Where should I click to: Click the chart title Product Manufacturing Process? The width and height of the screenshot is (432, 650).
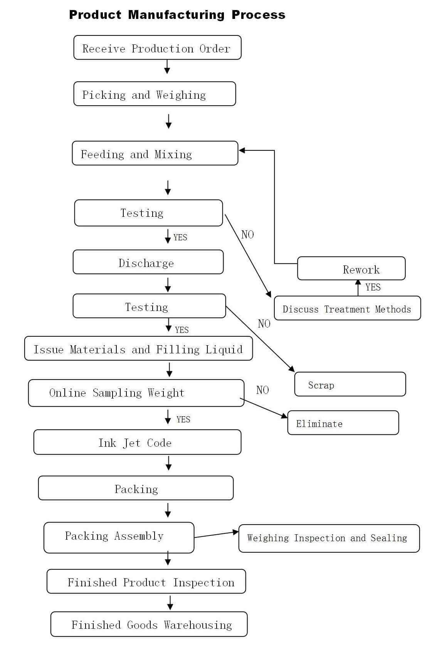coord(177,15)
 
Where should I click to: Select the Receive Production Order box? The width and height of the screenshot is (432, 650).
coord(157,48)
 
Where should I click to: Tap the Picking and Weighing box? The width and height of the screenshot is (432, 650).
coord(155,94)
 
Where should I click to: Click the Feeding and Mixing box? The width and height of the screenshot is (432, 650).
coord(155,154)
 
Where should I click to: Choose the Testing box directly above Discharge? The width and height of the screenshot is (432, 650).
coord(148,213)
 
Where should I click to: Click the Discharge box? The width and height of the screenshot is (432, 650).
coord(148,262)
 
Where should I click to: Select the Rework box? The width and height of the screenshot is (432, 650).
coord(351,268)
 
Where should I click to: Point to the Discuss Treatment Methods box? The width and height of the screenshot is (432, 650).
coord(347,308)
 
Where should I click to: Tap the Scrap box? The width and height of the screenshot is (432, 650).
coord(350,384)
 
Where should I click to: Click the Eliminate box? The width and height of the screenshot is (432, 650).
coord(343,423)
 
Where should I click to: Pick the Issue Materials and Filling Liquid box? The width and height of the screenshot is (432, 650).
coord(138,349)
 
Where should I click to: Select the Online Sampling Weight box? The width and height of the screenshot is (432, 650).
coord(136,393)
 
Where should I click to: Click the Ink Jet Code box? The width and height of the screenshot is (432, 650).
coord(137,442)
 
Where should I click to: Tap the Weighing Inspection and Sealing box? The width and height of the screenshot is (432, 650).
coord(329,538)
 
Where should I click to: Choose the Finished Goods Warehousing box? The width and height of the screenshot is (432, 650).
coord(149,624)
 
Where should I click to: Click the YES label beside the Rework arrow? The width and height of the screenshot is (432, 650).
coord(373,287)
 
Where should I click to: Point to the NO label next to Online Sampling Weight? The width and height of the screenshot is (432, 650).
coord(262,390)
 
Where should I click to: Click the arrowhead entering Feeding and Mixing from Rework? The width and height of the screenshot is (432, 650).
coord(242,150)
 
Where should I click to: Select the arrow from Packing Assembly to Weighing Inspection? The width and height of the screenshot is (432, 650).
coord(216,534)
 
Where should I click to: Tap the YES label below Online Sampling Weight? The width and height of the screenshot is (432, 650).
coord(183,419)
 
